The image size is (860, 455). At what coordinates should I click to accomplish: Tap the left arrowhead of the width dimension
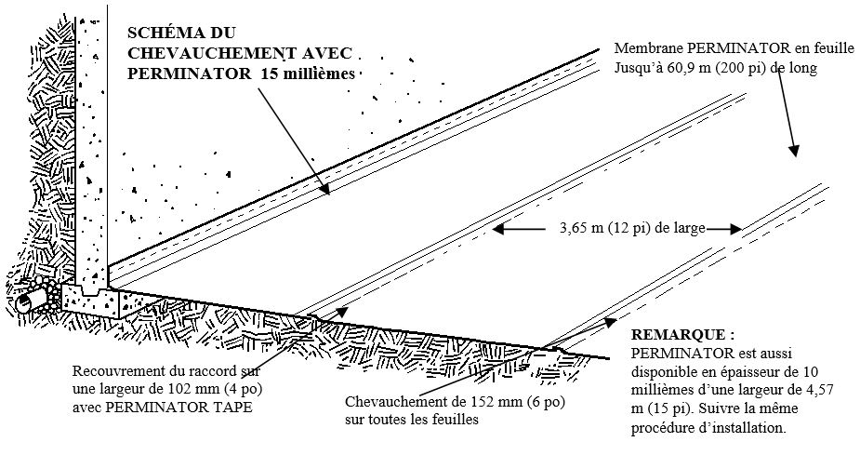(x=496, y=227)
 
